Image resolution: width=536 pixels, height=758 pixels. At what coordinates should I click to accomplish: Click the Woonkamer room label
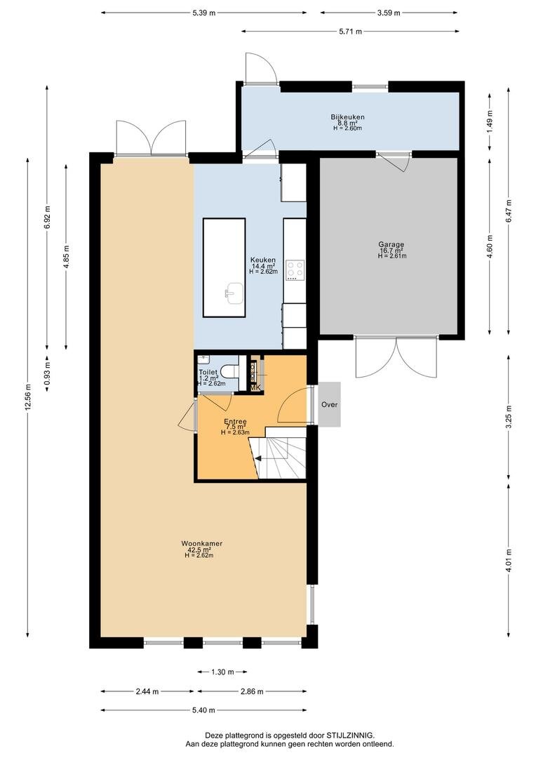coord(202,543)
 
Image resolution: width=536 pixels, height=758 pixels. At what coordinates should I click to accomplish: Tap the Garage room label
coord(391,245)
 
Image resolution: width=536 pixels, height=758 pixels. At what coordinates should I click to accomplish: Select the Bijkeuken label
coord(347,117)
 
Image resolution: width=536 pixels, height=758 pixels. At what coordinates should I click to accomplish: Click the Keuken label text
coord(263,260)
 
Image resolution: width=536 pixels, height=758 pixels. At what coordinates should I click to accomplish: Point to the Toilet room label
coord(208,372)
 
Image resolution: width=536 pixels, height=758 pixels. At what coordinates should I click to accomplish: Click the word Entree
coord(235,422)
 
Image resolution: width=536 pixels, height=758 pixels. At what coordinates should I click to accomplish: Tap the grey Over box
coord(329,405)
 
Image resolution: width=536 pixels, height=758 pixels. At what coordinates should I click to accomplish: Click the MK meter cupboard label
coord(255,387)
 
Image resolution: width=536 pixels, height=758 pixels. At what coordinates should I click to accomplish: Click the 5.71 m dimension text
coord(350,32)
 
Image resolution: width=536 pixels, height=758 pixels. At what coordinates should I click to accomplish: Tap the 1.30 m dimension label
coord(222,672)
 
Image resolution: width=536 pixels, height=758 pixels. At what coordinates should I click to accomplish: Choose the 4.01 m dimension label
coord(509,560)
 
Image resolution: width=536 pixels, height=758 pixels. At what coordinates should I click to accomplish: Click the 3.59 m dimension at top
coord(389,13)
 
